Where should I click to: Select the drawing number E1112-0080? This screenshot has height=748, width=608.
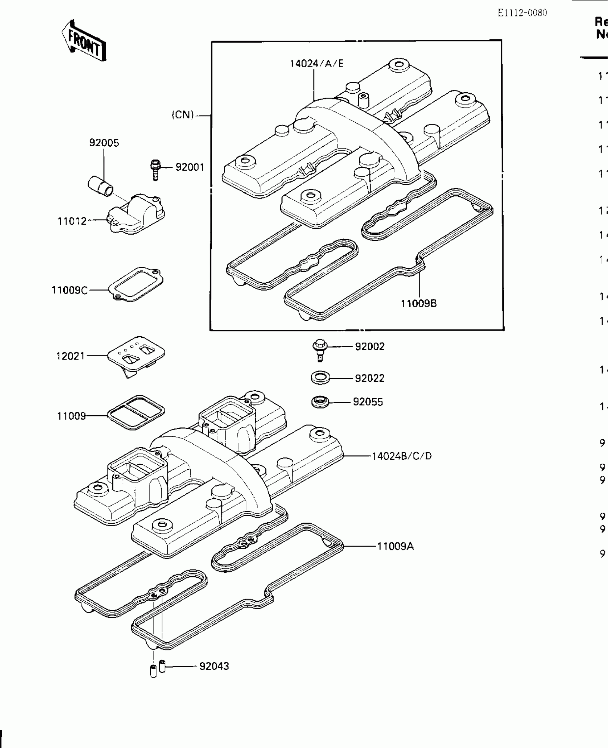click(522, 13)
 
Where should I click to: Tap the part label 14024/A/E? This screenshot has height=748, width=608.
click(316, 64)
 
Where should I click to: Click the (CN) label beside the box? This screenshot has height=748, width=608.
click(182, 115)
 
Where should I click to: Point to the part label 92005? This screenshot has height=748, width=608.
click(104, 143)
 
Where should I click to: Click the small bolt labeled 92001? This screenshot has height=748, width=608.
click(155, 170)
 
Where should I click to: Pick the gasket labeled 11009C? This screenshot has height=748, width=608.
click(136, 284)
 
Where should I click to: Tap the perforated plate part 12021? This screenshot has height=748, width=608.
click(136, 354)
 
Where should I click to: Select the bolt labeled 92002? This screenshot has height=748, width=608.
click(320, 349)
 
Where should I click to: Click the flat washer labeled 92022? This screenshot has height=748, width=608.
click(320, 378)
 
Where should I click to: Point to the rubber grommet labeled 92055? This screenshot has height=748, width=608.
click(320, 402)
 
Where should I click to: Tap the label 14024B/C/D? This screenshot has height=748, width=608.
click(402, 456)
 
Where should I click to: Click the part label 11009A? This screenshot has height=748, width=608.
click(395, 546)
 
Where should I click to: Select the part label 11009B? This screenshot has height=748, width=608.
click(418, 304)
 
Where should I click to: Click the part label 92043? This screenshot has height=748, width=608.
click(214, 666)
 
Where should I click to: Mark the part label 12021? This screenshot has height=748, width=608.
click(70, 356)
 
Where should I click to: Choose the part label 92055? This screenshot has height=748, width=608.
click(368, 402)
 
